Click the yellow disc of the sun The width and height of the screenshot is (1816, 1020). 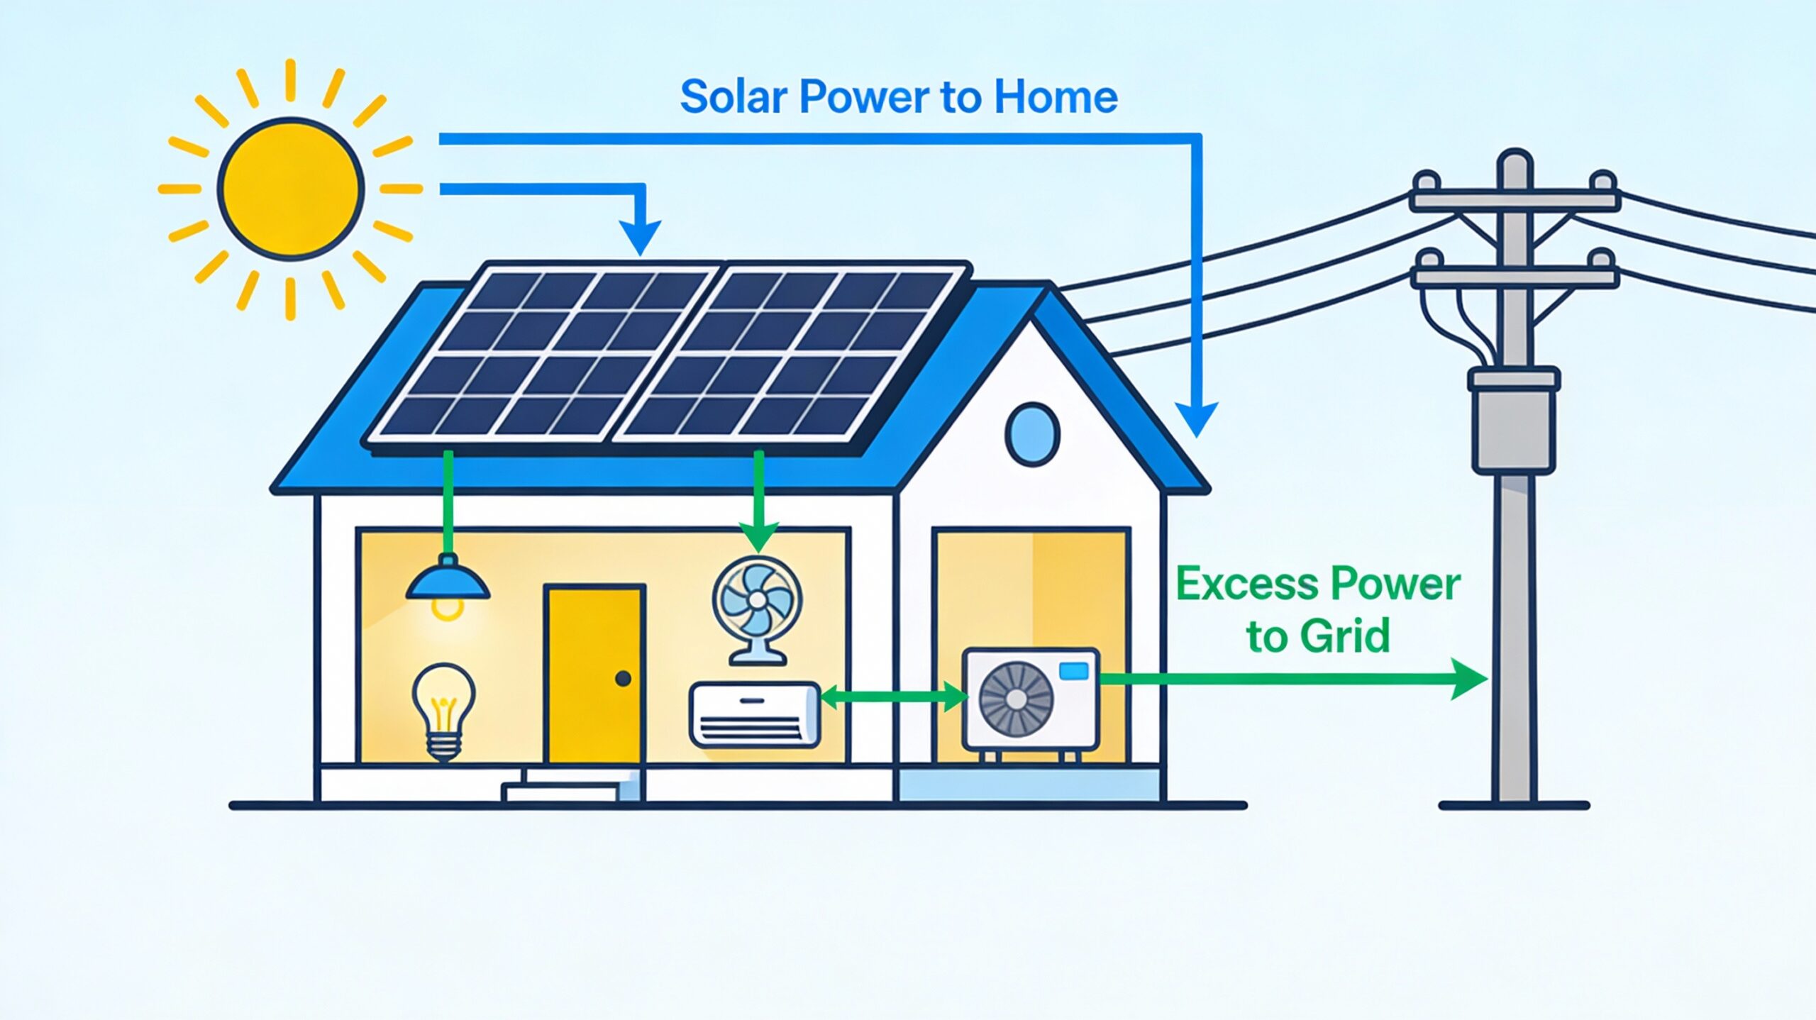pos(291,188)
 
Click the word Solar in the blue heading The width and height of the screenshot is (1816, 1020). pos(733,97)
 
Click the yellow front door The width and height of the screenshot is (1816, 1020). pos(594,674)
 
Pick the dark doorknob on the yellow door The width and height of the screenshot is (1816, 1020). pos(624,679)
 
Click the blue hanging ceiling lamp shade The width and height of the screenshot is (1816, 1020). pos(448,581)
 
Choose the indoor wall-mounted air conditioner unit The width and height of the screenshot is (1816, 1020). pos(755,714)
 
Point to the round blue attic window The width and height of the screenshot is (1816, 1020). pos(1032,434)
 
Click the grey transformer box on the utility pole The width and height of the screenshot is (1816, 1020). pos(1514,421)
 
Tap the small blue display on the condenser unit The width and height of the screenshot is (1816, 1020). pos(1073,670)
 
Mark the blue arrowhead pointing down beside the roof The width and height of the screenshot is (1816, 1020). pos(1197,418)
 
